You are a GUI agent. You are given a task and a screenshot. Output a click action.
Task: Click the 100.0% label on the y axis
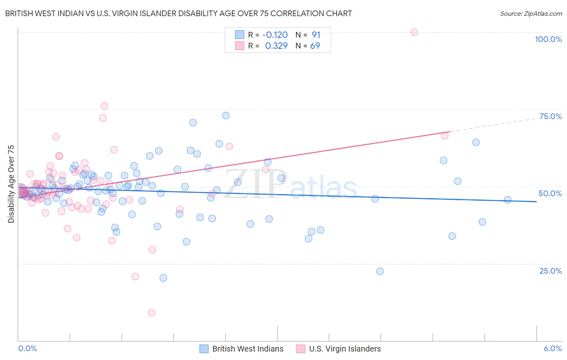548,39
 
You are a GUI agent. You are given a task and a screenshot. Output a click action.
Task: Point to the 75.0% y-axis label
550,116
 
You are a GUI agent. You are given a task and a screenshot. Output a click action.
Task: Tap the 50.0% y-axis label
550,193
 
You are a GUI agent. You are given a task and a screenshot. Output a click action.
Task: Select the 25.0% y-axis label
550,271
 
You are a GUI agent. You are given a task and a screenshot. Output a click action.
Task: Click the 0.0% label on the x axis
27,348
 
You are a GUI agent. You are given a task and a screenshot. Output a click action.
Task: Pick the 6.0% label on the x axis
552,348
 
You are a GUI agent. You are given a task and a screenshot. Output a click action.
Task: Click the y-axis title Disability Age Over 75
11,184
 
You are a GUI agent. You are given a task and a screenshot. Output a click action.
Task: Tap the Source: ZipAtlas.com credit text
531,13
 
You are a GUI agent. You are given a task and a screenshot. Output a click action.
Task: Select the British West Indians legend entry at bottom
248,349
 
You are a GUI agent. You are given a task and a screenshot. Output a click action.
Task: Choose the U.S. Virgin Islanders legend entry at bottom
345,349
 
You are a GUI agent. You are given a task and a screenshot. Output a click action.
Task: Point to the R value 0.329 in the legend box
276,46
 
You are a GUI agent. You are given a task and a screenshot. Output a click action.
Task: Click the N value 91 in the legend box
316,35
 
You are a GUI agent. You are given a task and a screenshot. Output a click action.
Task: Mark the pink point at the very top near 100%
414,32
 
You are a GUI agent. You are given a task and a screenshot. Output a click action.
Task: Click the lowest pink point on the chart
152,313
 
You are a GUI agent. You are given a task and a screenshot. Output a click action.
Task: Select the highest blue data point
226,115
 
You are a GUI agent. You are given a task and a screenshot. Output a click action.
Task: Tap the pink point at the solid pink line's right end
444,136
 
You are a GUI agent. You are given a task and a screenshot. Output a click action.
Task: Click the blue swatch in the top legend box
240,35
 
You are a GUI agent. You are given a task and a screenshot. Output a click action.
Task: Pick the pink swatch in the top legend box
240,46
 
